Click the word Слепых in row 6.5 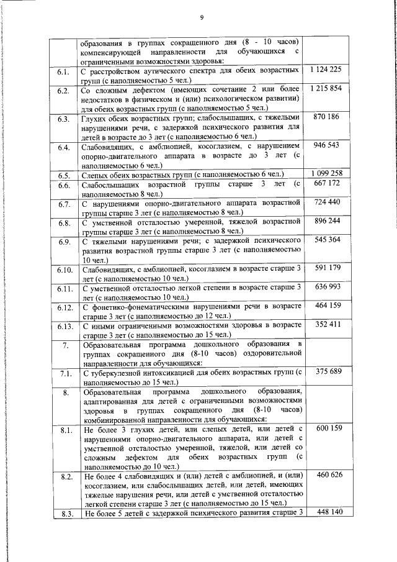click(95, 174)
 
